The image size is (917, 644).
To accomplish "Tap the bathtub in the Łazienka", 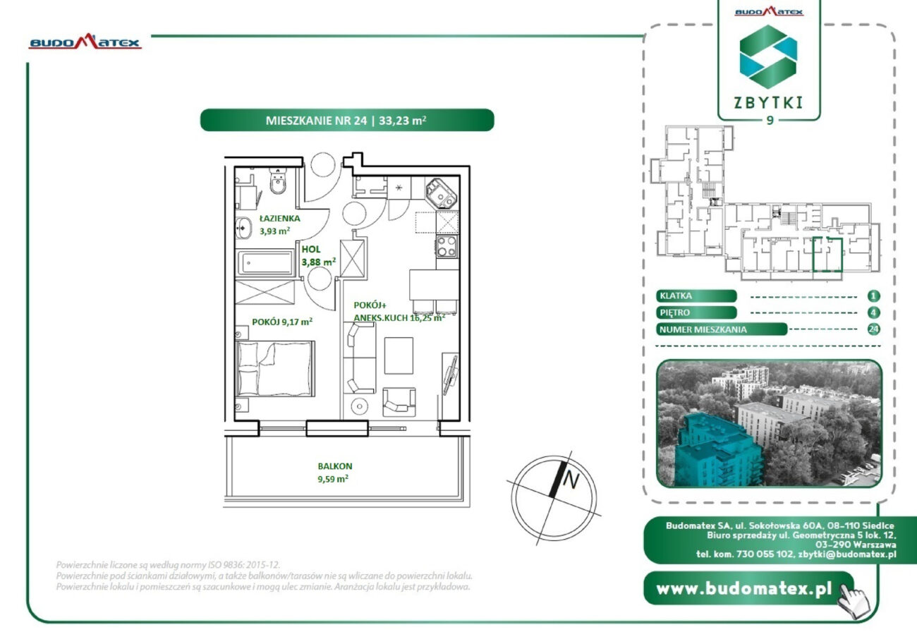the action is (x=265, y=263).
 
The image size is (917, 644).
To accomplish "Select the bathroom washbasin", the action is (x=243, y=228).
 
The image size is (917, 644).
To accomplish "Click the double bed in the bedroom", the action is (x=276, y=368).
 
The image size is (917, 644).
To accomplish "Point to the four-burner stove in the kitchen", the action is (x=447, y=246).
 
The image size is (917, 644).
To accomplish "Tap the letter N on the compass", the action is (x=571, y=480).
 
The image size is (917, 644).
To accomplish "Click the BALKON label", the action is (x=335, y=466).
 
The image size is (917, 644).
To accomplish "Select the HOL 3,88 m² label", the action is (x=319, y=255).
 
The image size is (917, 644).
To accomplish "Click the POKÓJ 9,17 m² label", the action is (x=282, y=322).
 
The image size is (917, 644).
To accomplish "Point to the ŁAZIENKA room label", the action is (x=280, y=218).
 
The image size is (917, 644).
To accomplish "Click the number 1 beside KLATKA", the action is (x=873, y=296).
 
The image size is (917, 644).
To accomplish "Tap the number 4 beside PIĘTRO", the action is (x=873, y=312).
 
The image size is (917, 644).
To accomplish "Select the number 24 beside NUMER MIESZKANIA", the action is (x=873, y=329).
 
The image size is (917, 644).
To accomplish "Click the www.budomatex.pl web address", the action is (x=744, y=589).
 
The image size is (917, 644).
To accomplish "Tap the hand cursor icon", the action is (x=854, y=600).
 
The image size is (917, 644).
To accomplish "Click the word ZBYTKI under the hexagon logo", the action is (x=768, y=103).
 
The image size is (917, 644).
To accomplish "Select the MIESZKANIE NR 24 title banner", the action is (x=347, y=120).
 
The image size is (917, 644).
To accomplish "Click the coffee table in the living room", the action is (x=399, y=356).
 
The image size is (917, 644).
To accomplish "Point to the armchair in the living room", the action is (x=399, y=402).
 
